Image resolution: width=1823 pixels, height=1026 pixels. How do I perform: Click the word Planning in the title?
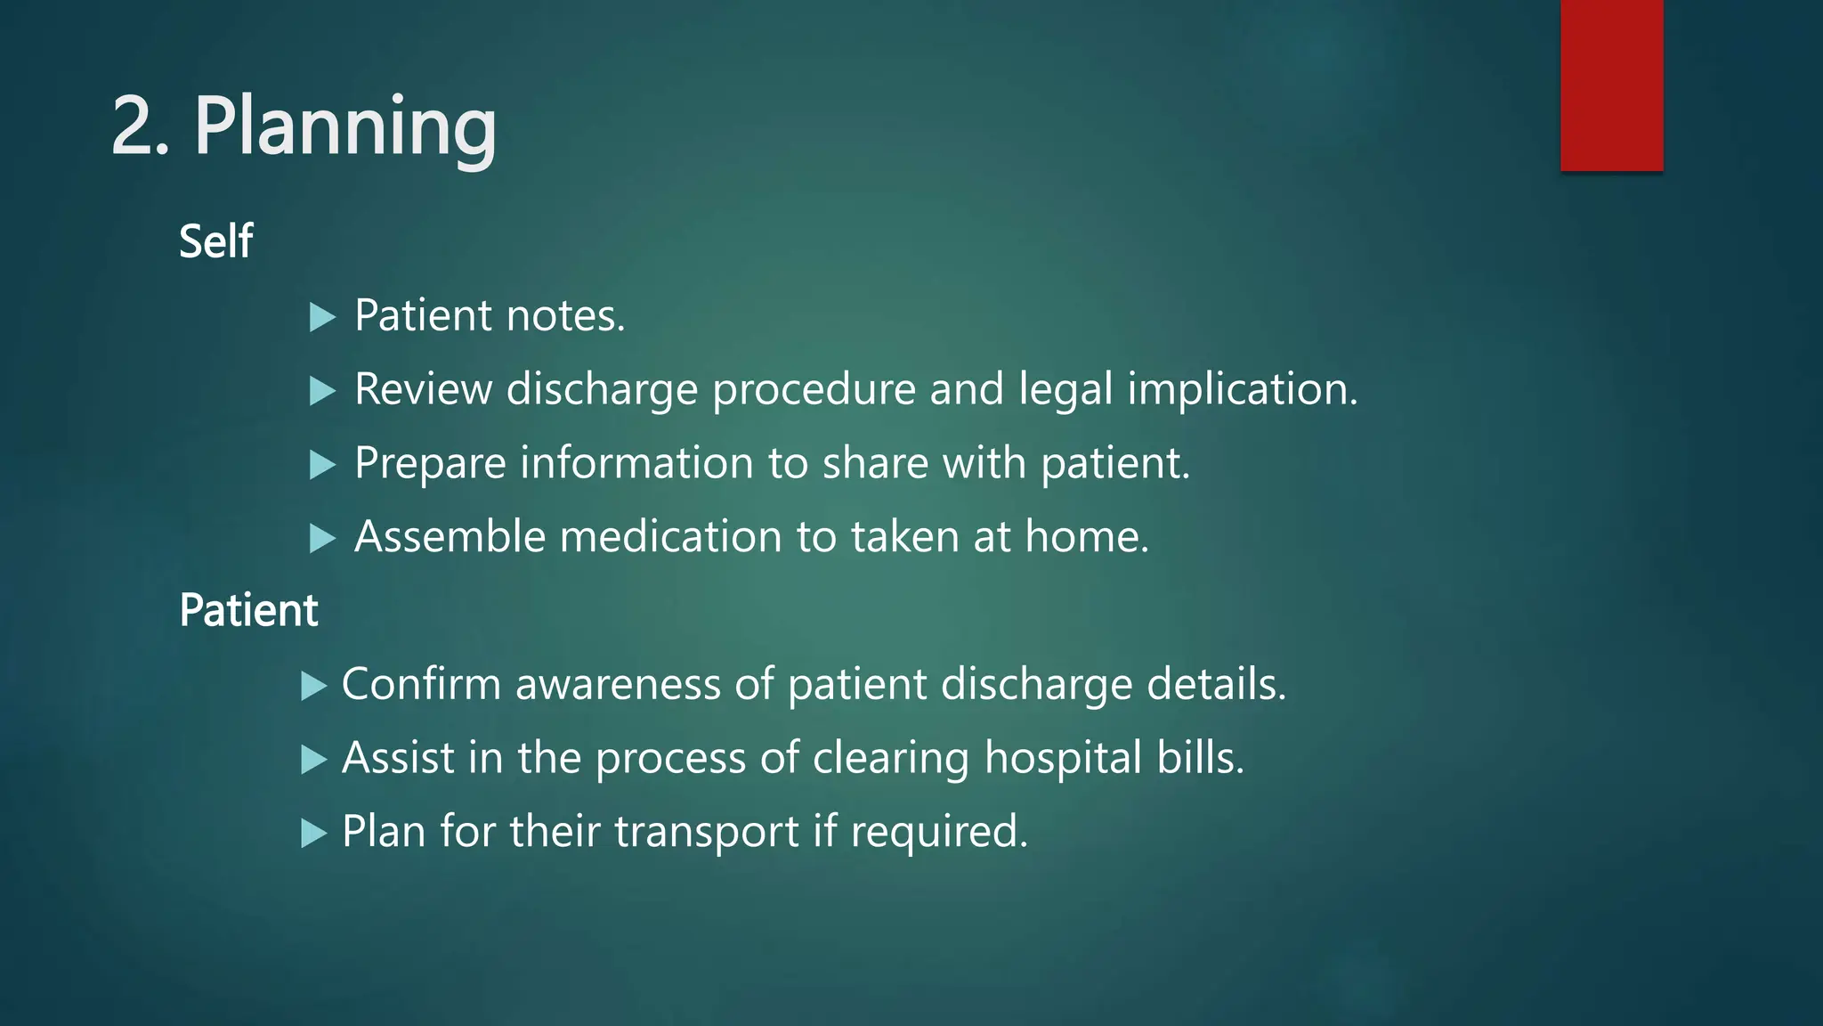(344, 128)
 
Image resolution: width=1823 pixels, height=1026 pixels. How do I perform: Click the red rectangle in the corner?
(1611, 85)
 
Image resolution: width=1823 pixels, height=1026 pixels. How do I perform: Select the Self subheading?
(216, 241)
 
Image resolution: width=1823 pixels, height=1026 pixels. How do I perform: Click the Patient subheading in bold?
(248, 611)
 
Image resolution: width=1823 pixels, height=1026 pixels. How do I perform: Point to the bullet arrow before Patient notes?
(321, 317)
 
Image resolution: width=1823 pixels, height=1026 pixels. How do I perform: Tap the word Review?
(423, 389)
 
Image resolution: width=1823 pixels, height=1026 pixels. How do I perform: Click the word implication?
(1243, 391)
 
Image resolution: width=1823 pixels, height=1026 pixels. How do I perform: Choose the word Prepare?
(430, 464)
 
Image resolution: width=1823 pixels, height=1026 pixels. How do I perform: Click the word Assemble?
(450, 537)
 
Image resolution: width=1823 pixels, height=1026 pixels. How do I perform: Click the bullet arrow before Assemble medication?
(321, 538)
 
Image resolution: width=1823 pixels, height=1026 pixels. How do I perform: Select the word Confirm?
(421, 684)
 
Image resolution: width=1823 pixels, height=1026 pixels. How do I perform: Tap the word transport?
(707, 833)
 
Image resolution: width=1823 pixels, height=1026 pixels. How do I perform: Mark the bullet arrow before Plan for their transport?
(313, 834)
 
